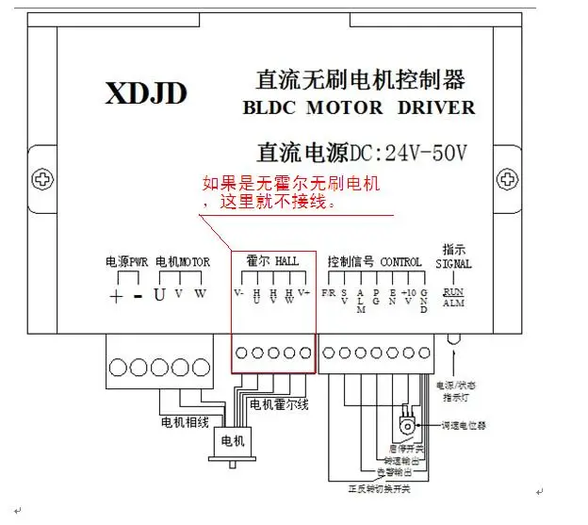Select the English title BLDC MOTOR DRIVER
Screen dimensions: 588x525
[359, 107]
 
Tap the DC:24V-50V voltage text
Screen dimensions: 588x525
[410, 151]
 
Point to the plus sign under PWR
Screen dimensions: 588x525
[116, 296]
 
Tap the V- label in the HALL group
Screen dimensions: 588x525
[239, 293]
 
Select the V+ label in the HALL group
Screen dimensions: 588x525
[303, 293]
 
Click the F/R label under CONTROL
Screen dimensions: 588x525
[328, 293]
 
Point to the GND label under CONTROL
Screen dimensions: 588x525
[424, 302]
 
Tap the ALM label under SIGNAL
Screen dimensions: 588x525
[454, 304]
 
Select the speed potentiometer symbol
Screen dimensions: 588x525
[407, 423]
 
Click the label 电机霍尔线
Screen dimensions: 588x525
[278, 404]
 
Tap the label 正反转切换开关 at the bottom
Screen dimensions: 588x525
[379, 489]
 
